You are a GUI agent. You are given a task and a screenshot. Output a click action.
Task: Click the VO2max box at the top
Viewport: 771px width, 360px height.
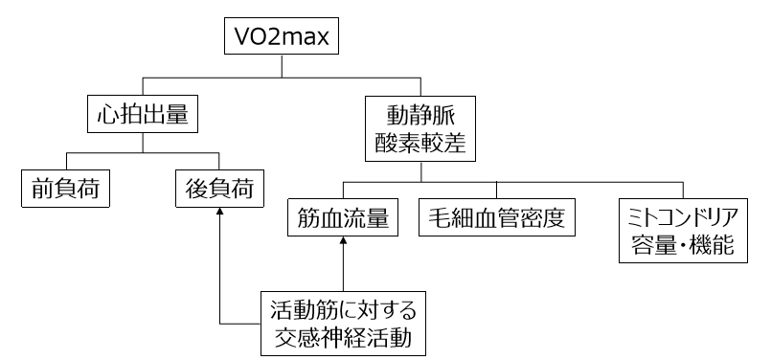click(x=281, y=38)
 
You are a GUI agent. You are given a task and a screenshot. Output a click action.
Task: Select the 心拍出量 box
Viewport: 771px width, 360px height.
click(x=143, y=117)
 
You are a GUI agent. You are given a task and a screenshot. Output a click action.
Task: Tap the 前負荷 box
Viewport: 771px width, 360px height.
click(x=63, y=190)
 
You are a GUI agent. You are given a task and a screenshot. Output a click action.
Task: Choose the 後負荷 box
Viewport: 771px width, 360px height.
click(x=219, y=190)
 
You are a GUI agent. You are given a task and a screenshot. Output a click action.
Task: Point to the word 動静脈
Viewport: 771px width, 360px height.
click(x=420, y=116)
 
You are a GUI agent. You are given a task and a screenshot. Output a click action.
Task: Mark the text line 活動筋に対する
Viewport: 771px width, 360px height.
click(x=343, y=310)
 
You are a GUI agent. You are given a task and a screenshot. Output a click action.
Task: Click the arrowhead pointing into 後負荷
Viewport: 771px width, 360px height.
click(x=219, y=214)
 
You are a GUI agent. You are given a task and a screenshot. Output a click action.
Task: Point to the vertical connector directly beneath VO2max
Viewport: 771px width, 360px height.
click(x=281, y=65)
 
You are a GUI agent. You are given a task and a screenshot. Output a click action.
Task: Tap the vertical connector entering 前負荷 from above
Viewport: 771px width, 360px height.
click(x=63, y=161)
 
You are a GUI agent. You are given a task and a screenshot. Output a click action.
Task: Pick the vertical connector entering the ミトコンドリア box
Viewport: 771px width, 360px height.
click(x=681, y=191)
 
